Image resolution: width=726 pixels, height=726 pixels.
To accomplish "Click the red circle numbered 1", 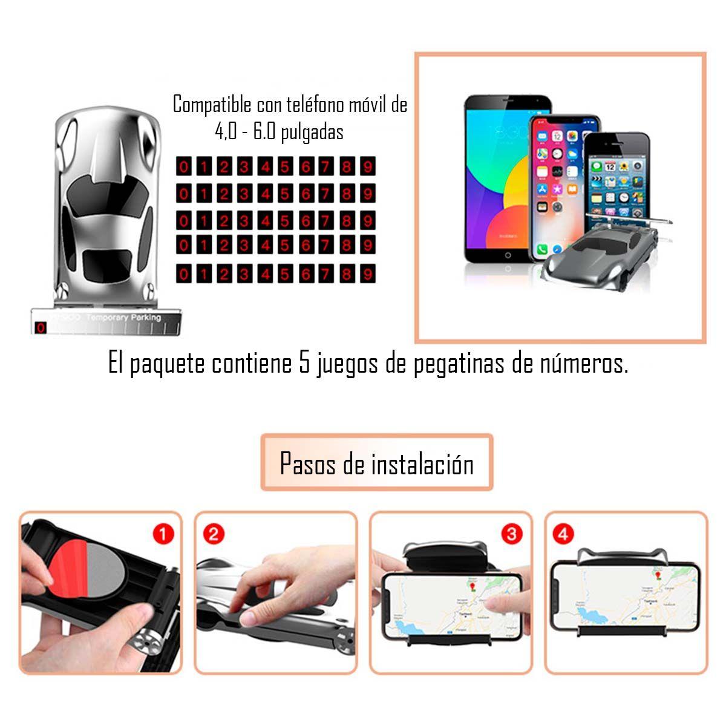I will pyautogui.click(x=163, y=534).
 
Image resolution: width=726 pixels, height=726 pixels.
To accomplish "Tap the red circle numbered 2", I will pyautogui.click(x=214, y=534).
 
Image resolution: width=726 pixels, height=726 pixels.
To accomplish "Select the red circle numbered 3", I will pyautogui.click(x=512, y=534).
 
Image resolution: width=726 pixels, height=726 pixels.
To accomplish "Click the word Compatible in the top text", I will pyautogui.click(x=212, y=105).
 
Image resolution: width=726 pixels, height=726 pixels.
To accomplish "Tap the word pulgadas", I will pyautogui.click(x=312, y=132).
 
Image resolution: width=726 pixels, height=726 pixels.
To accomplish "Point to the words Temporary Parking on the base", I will pyautogui.click(x=123, y=318).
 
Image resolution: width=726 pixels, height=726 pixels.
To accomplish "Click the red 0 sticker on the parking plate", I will pyautogui.click(x=41, y=328).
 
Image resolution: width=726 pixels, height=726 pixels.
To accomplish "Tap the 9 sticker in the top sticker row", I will pyautogui.click(x=367, y=166).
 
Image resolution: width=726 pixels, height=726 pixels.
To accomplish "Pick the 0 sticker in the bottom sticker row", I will pyautogui.click(x=184, y=274).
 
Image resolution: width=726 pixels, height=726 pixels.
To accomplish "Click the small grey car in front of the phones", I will pyautogui.click(x=596, y=254).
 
